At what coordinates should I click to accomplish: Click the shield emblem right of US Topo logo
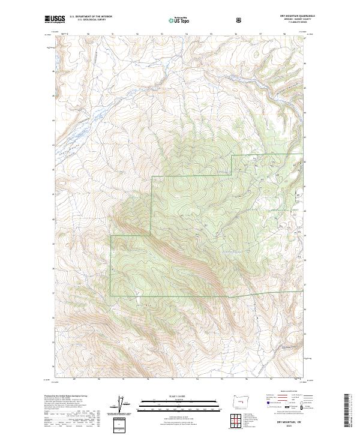[x=240, y=20]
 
